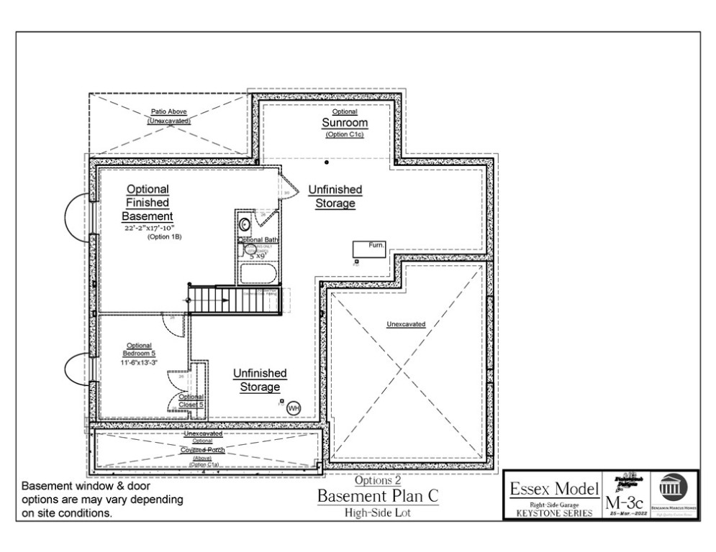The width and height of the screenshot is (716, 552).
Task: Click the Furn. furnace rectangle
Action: click(369, 249)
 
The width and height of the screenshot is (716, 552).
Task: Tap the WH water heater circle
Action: click(293, 408)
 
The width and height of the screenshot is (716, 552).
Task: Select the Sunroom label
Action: click(344, 123)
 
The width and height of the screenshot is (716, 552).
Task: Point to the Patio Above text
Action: click(170, 112)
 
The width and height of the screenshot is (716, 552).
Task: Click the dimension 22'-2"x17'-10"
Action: click(148, 227)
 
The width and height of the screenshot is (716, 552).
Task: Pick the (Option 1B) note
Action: click(162, 236)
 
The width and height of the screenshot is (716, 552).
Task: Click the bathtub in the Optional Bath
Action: click(258, 274)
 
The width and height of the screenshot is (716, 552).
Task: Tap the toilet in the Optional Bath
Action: click(244, 224)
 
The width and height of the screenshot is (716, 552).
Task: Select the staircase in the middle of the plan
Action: click(233, 300)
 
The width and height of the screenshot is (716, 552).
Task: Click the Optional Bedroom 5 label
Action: click(139, 349)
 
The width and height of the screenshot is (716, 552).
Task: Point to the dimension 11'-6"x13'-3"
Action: click(139, 362)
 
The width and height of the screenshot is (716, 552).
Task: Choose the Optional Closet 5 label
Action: click(191, 400)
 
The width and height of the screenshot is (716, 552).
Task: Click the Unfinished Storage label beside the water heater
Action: click(260, 380)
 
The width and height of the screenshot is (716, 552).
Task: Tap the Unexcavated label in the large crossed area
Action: click(406, 324)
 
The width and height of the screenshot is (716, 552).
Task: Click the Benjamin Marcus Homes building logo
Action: click(674, 489)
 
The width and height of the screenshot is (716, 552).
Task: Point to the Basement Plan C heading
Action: click(377, 497)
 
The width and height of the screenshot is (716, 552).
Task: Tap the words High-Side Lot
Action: click(377, 512)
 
